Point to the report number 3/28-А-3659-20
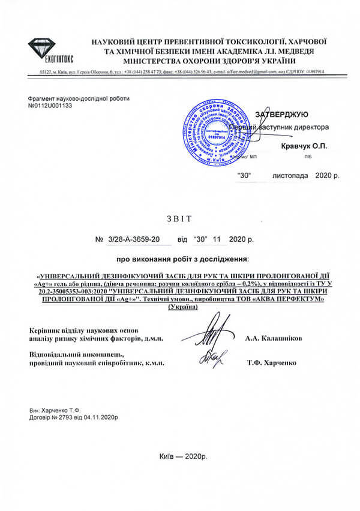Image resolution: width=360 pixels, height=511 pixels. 134,239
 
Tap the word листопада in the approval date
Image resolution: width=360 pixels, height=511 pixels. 291,176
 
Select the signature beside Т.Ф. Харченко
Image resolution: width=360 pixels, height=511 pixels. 212,357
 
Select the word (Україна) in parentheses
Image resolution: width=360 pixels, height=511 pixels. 184,307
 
